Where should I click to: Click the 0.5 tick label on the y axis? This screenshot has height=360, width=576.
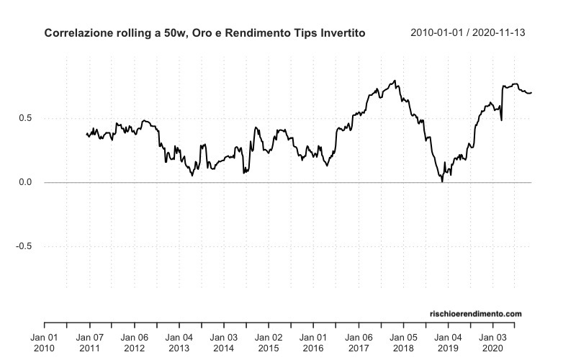point(24,118)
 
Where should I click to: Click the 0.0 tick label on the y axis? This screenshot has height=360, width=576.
point(24,182)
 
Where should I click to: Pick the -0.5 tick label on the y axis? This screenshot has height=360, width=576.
point(23,246)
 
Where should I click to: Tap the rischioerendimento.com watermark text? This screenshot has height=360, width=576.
point(475,314)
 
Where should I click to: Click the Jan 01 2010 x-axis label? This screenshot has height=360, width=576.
point(45,342)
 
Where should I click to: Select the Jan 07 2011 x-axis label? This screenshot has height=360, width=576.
point(89,342)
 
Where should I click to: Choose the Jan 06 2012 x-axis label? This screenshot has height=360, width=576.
point(134,342)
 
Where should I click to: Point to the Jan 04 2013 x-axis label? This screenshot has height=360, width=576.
point(179,342)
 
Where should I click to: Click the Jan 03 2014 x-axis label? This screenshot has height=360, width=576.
point(223,342)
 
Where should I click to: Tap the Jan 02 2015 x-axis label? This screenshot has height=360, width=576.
point(268,342)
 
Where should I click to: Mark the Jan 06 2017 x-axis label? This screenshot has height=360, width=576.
point(357,342)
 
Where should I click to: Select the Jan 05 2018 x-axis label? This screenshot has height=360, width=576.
point(402,342)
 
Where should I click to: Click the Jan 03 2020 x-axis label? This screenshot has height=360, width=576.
point(492,342)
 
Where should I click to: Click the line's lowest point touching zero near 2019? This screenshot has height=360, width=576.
point(442,181)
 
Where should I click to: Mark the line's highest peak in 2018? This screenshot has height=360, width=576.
point(395,81)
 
